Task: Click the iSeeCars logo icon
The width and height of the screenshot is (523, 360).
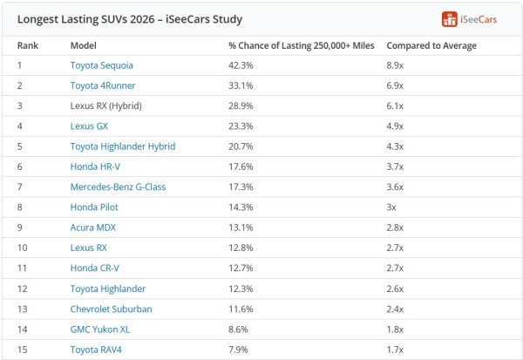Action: pos(449,19)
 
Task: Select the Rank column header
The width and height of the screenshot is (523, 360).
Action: pos(28,45)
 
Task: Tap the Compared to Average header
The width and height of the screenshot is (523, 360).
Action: pos(431,45)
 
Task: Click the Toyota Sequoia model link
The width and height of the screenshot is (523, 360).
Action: pos(101,65)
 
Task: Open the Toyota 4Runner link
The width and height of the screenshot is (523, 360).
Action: pos(103,85)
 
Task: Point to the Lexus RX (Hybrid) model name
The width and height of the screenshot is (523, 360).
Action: pos(105,106)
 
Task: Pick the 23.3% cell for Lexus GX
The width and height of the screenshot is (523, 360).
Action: pos(241,126)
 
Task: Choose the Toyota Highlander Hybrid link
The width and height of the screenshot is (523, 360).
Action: pos(123,146)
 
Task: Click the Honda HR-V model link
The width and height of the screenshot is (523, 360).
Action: pos(95,166)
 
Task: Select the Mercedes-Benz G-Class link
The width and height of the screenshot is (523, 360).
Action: pos(118,187)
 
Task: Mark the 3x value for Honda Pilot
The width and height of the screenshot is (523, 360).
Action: pos(391,207)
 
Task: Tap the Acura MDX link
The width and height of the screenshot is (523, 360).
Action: pos(92,228)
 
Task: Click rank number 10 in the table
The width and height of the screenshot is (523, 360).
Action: pos(23,248)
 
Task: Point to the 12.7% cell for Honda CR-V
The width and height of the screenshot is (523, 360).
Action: pos(241,268)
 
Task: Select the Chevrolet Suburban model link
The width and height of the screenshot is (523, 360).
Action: pos(111,309)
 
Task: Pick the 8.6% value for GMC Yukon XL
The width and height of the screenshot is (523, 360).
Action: pos(238,329)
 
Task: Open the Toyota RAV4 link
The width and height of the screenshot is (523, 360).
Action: pos(96,350)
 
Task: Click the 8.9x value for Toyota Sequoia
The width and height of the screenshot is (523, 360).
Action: pos(395,65)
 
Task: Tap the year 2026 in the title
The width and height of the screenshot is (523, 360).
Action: pos(142,19)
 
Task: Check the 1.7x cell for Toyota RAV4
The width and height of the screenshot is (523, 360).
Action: pos(395,350)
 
